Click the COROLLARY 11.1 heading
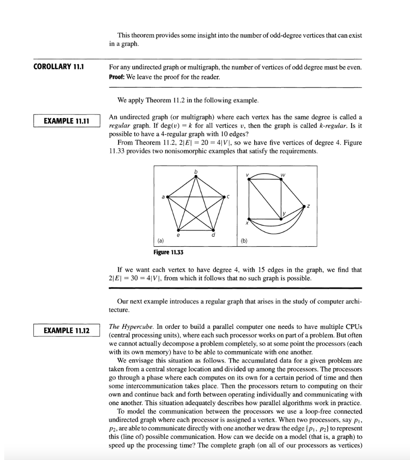(59, 67)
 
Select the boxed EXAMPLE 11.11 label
(66, 121)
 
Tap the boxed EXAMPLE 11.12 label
(66, 331)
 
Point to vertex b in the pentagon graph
(195, 177)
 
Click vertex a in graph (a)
(168, 197)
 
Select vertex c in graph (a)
(224, 197)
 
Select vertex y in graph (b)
(281, 219)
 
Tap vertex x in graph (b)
(250, 219)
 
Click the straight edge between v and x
(250, 200)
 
